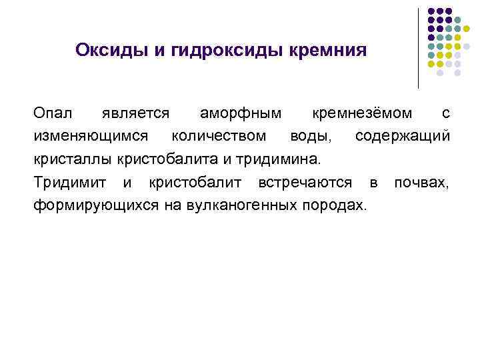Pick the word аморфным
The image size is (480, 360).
(240, 114)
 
